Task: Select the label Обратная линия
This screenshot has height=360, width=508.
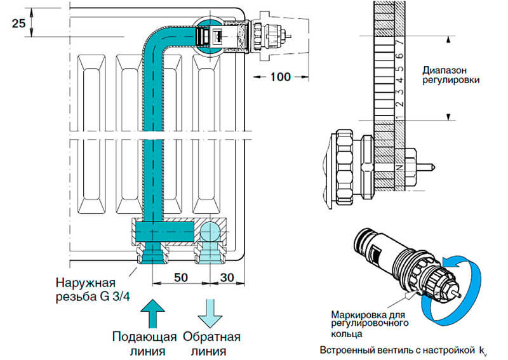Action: (x=210, y=343)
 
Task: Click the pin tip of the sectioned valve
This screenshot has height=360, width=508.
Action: (x=431, y=167)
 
